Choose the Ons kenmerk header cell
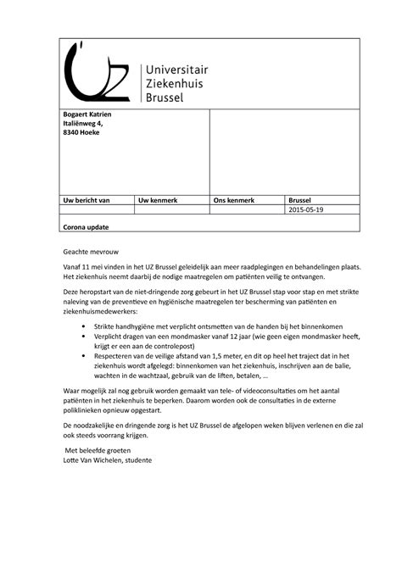click(233, 200)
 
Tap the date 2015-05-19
click(306, 210)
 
